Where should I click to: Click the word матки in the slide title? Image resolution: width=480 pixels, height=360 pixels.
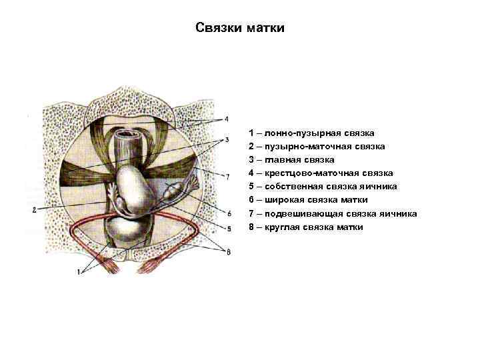tap(265, 28)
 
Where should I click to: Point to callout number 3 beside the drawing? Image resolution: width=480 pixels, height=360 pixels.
tap(227, 139)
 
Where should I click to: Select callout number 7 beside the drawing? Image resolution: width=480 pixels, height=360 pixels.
tap(227, 176)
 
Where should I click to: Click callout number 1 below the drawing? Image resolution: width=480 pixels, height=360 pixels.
tap(79, 271)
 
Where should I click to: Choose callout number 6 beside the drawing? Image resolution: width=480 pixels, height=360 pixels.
tap(229, 213)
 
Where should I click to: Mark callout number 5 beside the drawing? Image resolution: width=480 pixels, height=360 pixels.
tap(229, 229)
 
